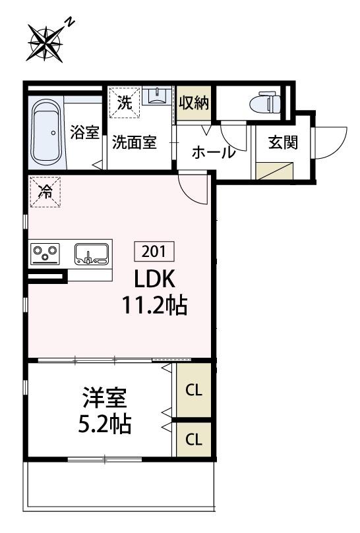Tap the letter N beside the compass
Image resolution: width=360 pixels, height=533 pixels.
[71, 23]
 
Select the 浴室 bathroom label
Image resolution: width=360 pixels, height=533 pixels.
[84, 132]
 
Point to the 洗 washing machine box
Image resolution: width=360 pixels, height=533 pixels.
[124, 102]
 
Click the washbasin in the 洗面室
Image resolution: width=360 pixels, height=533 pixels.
[157, 98]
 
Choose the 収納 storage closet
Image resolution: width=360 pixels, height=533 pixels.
[193, 103]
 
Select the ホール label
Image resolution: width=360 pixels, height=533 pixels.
[213, 153]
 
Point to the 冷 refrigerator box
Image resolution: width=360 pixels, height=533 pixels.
[45, 192]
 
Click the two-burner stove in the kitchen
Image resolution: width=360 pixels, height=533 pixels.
[45, 253]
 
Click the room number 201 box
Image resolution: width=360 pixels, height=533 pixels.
[154, 251]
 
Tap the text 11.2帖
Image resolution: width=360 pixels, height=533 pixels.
[154, 305]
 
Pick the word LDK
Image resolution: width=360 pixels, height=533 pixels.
[154, 279]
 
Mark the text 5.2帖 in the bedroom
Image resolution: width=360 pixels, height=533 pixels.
[104, 424]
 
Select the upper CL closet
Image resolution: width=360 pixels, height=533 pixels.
[193, 390]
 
